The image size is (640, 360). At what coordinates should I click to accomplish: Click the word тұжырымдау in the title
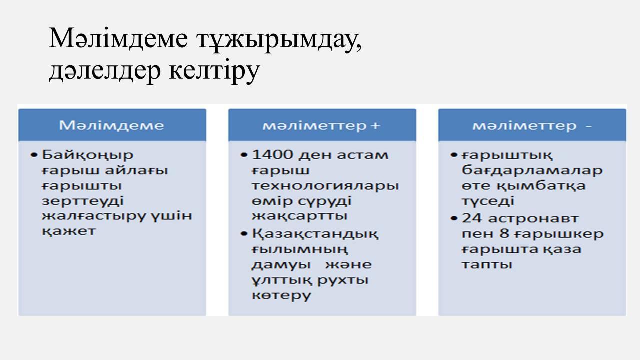pyautogui.click(x=279, y=39)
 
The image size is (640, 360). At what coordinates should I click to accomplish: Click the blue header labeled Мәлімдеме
pyautogui.click(x=112, y=125)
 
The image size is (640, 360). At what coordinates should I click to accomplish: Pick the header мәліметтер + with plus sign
pyautogui.click(x=322, y=125)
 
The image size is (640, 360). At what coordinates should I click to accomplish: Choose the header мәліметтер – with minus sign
pyautogui.click(x=532, y=125)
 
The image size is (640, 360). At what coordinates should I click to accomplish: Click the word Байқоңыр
pyautogui.click(x=87, y=155)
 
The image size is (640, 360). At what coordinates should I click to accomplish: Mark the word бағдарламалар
pyautogui.click(x=532, y=171)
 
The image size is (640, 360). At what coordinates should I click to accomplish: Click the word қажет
pyautogui.click(x=69, y=231)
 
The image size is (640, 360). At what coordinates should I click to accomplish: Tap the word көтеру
pyautogui.click(x=281, y=296)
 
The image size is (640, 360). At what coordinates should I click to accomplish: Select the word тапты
pyautogui.click(x=487, y=265)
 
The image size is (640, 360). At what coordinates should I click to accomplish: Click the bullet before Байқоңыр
pyautogui.click(x=34, y=155)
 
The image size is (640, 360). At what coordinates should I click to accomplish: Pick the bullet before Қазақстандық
pyautogui.click(x=244, y=234)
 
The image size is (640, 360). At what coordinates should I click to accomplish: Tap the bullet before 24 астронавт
pyautogui.click(x=454, y=219)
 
